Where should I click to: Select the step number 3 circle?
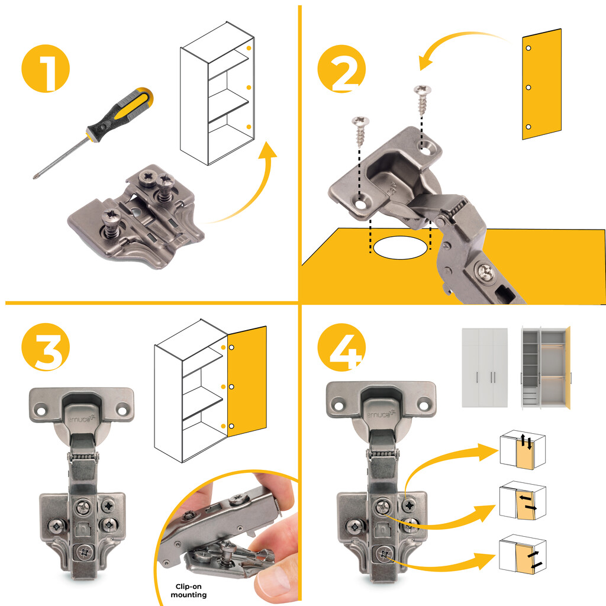pos(46,350)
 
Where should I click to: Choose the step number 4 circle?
pos(341,350)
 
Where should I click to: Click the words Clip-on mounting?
pos(191,591)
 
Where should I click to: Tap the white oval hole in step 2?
pos(401,247)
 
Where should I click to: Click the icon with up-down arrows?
pos(523,450)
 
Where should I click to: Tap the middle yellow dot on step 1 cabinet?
pos(249,87)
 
